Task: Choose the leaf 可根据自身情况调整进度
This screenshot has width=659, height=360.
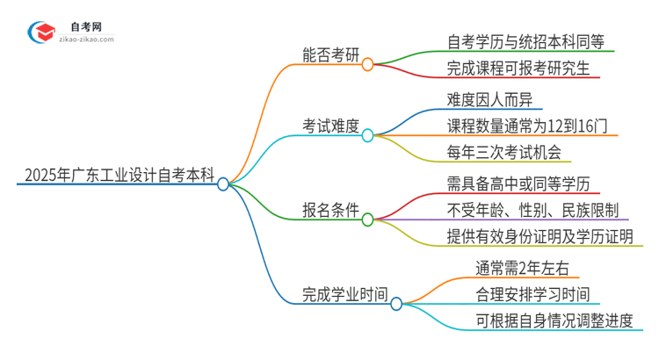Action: point(540,319)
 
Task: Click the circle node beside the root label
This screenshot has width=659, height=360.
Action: point(223,184)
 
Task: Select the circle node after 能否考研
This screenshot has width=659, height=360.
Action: point(368,63)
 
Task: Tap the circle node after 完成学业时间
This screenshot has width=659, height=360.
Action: point(396,304)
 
